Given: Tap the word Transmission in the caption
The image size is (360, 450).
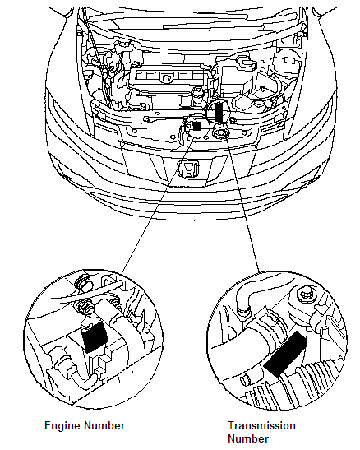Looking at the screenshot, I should pyautogui.click(x=261, y=425).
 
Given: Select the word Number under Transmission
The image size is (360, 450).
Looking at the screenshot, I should pyautogui.click(x=247, y=438).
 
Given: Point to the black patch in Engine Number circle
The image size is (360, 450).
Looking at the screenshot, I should pyautogui.click(x=97, y=336).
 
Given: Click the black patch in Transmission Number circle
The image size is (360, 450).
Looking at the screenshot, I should pyautogui.click(x=282, y=352).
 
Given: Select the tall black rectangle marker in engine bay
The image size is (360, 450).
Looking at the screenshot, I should pyautogui.click(x=219, y=113).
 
